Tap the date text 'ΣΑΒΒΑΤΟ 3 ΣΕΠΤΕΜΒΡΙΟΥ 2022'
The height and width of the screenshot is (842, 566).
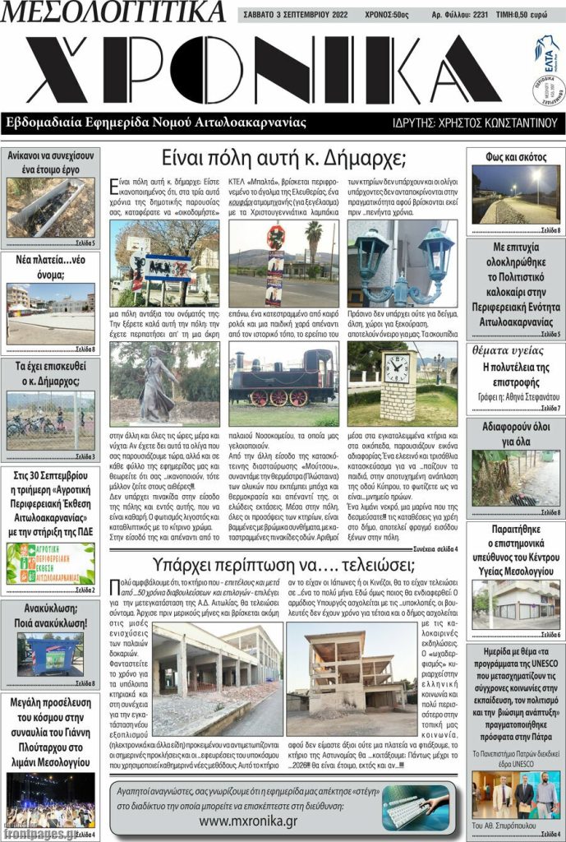click(301, 15)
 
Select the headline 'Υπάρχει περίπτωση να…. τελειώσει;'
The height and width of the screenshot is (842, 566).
click(283, 565)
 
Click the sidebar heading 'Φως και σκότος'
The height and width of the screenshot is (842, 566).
click(516, 157)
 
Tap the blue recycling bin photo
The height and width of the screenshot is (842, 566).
click(49, 654)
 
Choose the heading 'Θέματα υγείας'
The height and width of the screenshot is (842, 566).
click(515, 350)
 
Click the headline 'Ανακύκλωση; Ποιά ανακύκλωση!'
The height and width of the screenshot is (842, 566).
click(50, 616)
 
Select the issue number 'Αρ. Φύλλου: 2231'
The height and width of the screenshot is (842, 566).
click(460, 15)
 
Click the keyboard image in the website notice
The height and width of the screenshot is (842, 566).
click(413, 806)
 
